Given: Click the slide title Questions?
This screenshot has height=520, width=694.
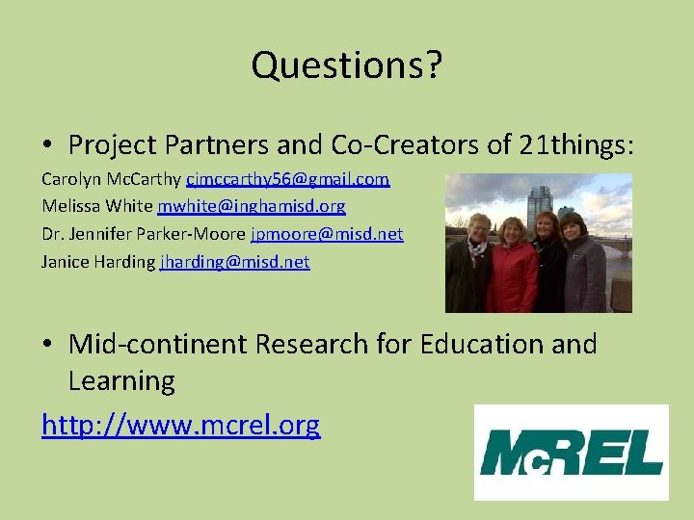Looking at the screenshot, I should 347,65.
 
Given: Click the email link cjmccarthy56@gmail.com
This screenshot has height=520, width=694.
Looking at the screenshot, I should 287,179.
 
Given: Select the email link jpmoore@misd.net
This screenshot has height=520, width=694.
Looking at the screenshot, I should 327,234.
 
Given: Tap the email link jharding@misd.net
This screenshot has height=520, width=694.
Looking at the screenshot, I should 234,261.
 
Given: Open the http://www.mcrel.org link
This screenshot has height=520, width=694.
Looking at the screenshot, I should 180,425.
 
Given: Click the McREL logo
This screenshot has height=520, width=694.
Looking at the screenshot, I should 572,453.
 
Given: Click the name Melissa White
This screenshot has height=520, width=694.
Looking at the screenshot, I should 97,206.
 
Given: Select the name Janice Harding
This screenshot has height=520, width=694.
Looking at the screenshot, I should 97,261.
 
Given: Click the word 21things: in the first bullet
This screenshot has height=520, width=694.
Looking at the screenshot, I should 576,145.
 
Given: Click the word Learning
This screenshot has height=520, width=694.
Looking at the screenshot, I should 121,381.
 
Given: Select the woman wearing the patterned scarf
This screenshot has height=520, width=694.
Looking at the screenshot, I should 474,265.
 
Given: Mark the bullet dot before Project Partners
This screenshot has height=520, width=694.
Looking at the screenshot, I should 47,146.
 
